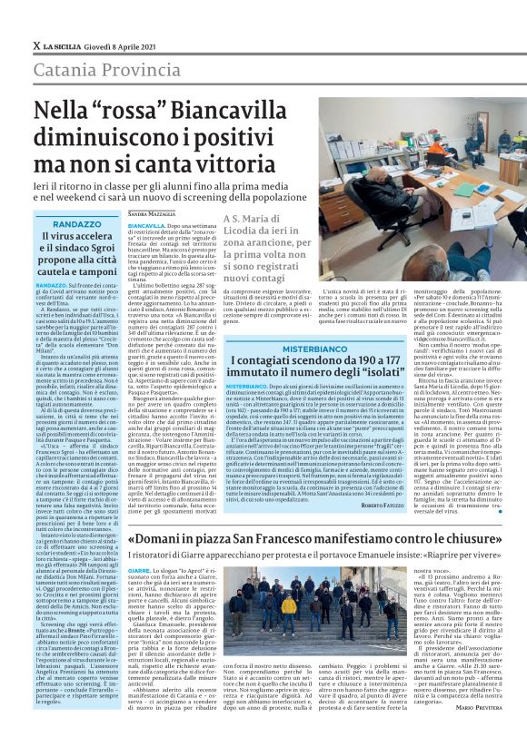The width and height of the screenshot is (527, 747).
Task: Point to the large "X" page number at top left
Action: coord(36,45)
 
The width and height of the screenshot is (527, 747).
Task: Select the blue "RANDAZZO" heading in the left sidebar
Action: coord(77,223)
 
